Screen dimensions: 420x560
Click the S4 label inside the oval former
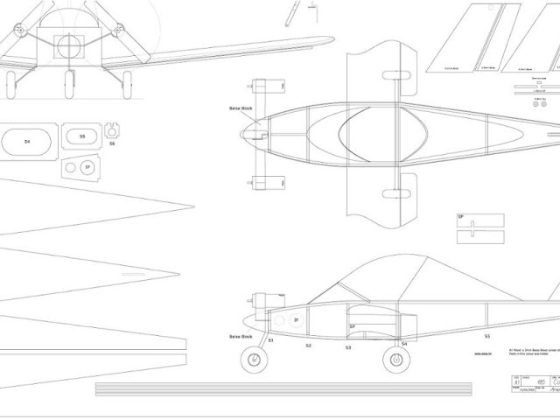26,141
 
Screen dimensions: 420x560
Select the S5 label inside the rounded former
82,136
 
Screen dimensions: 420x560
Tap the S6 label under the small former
112,143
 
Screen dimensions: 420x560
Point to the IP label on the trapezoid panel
86,166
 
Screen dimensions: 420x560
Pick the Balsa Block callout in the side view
241,336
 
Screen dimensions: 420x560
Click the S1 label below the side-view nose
270,339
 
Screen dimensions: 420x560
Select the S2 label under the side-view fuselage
308,346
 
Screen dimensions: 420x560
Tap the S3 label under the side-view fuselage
347,347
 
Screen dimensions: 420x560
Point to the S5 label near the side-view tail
486,335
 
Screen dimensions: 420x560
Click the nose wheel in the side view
255,360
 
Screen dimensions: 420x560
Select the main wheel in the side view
390,359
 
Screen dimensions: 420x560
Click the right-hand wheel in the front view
128,83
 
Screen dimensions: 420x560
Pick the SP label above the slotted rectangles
460,216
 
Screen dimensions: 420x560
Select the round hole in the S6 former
111,129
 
